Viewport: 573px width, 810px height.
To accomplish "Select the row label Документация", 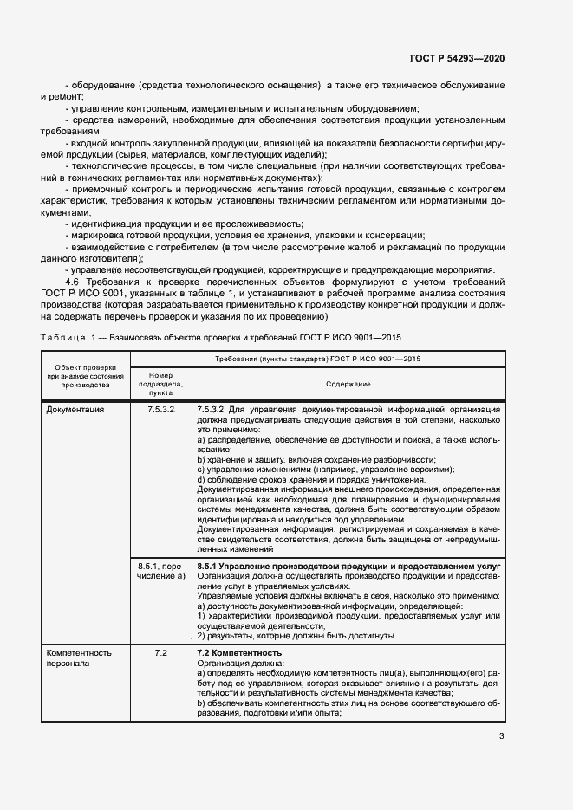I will tap(75, 409).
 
